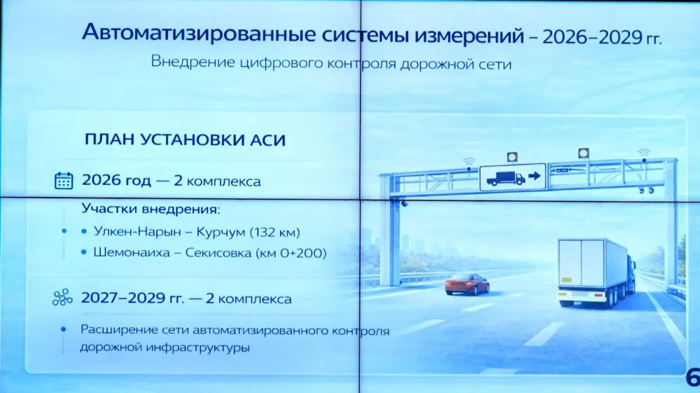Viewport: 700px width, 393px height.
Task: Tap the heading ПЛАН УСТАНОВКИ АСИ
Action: [x=185, y=139]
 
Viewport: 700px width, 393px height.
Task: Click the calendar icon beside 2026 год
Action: [x=64, y=181]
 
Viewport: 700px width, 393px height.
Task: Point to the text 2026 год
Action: [x=116, y=181]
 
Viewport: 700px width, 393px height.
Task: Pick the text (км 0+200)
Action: [x=288, y=252]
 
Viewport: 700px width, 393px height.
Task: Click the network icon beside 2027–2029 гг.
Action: [x=63, y=299]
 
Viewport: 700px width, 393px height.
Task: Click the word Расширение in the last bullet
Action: [x=114, y=329]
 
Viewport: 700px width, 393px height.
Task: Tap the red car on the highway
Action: [x=467, y=284]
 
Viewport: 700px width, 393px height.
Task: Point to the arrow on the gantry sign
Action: [x=536, y=177]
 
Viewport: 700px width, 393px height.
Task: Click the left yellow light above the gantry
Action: [x=513, y=156]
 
